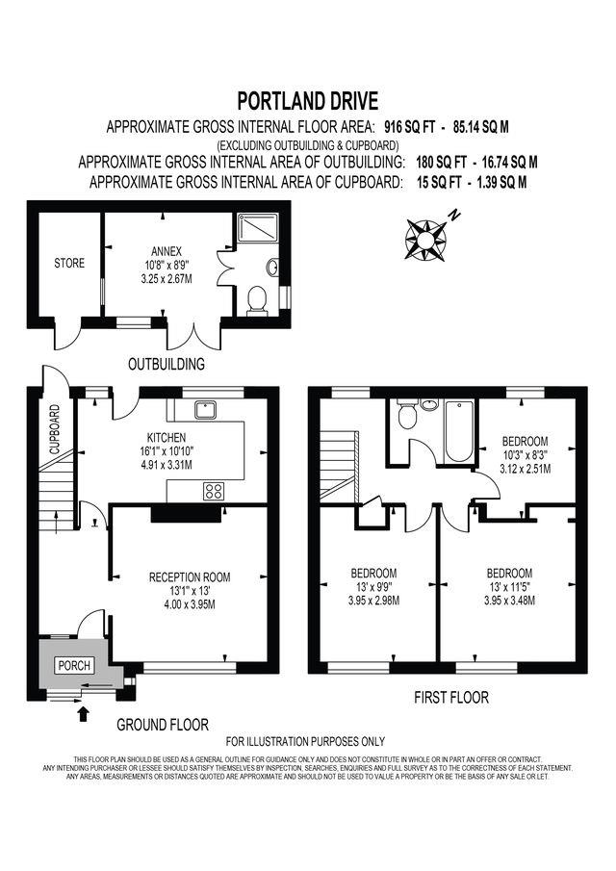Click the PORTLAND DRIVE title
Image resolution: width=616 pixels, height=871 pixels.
[x=308, y=101]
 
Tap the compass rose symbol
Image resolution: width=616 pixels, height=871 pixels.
[x=425, y=240]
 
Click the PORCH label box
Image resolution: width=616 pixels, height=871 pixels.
[x=74, y=665]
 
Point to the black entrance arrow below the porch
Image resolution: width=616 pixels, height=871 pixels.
[x=84, y=713]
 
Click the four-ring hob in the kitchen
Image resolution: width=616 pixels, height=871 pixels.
[x=214, y=491]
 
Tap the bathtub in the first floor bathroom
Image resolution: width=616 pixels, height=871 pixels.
[x=459, y=432]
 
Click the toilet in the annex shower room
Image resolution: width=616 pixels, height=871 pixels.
[x=257, y=300]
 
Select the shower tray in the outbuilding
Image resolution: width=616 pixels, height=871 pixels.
[x=258, y=227]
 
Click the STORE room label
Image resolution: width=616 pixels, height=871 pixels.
[x=69, y=263]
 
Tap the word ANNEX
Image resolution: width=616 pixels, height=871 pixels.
[x=167, y=251]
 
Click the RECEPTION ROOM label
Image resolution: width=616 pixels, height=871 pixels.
[x=190, y=577]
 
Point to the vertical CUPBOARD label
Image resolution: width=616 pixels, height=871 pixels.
[x=55, y=429]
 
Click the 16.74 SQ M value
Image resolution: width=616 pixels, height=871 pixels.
[x=509, y=163]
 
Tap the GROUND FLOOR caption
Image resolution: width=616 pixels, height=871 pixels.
[x=163, y=725]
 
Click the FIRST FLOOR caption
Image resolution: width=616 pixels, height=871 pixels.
[x=451, y=697]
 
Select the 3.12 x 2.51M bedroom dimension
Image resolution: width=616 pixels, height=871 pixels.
[x=525, y=469]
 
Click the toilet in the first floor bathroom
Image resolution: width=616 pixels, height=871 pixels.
[x=408, y=415]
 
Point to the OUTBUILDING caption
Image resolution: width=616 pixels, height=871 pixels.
[x=167, y=365]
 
